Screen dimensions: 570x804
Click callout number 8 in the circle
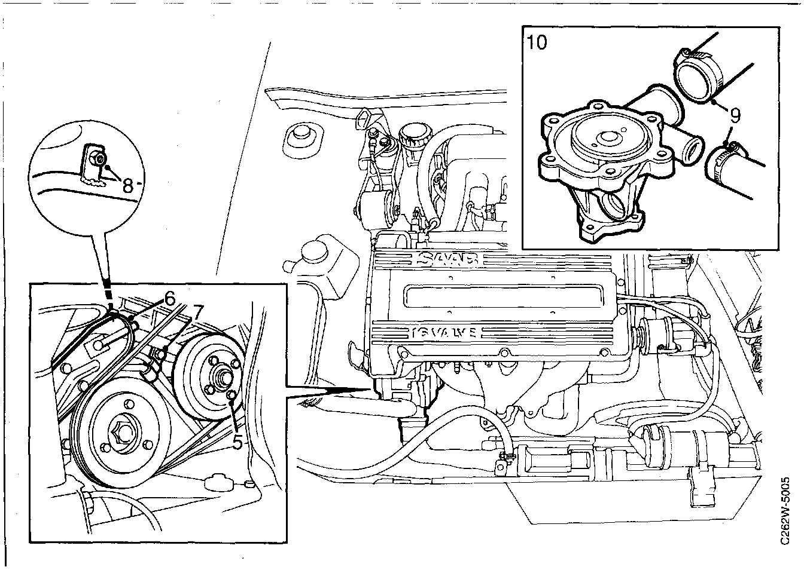pyautogui.click(x=127, y=185)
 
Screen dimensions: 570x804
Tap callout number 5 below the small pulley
pyautogui.click(x=237, y=442)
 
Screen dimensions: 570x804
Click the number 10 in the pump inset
pyautogui.click(x=537, y=43)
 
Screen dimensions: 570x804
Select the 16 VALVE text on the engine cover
pyautogui.click(x=443, y=332)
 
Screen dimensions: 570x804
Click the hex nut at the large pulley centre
pyautogui.click(x=124, y=430)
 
